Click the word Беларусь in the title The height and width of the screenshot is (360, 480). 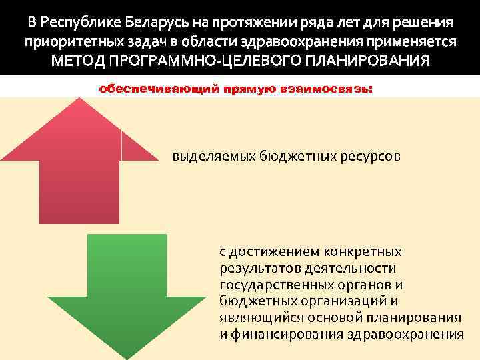169,21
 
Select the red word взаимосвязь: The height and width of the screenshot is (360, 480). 333,88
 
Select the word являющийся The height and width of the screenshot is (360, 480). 253,317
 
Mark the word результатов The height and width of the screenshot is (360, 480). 255,269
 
